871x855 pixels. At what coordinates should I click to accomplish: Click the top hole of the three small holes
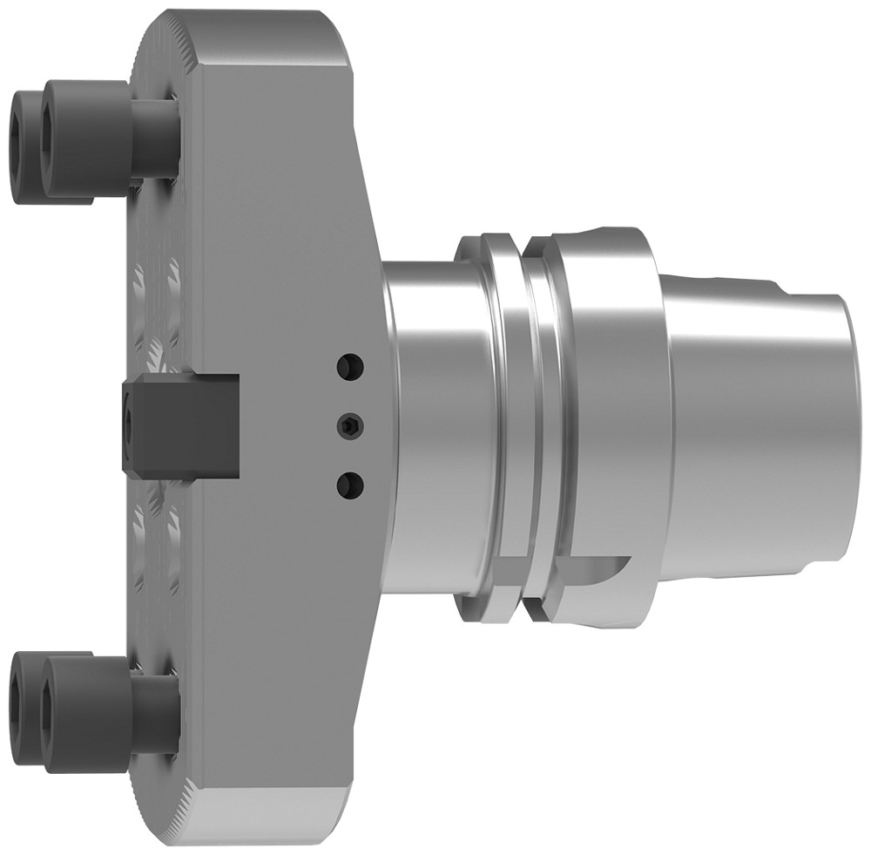[351, 366]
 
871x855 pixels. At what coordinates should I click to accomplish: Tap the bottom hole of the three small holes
[351, 483]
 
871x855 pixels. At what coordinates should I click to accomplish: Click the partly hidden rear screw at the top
[26, 144]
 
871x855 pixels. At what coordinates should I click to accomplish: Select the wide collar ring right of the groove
[610, 392]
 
